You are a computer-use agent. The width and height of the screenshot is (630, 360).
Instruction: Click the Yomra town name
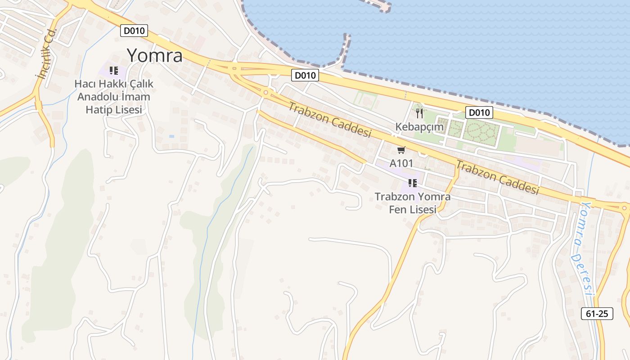pos(154,56)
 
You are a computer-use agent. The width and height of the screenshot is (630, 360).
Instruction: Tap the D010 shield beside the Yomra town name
pos(134,31)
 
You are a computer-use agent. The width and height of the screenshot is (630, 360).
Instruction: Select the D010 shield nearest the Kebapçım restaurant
pos(479,112)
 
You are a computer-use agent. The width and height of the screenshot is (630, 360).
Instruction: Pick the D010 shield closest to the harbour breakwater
pos(305,75)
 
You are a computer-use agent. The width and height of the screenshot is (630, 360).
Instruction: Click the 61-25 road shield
pos(597,314)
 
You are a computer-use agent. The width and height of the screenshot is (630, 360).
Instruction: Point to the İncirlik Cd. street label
pos(47,54)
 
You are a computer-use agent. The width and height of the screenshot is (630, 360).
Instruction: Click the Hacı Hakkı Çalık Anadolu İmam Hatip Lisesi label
pos(114,97)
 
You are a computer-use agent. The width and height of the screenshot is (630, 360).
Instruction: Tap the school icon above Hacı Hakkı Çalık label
pos(114,71)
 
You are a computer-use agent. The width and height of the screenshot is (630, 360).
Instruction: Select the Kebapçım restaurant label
pos(419,127)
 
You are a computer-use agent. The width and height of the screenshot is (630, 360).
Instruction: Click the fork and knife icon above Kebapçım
pos(419,113)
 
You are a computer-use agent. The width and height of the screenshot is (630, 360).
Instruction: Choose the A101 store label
pos(401,163)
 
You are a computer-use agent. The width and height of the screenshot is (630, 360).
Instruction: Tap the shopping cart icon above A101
pos(401,150)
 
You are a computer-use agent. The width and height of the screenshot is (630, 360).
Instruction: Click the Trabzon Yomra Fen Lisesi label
pos(413,203)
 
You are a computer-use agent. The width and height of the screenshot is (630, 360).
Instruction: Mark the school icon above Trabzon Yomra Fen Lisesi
pos(412,183)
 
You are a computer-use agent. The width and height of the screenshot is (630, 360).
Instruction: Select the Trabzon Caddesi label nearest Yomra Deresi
pos(497,177)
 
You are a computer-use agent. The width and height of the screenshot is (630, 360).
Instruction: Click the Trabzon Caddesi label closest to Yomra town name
pos(330,120)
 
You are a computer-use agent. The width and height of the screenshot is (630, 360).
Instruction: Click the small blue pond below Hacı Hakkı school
pos(171,136)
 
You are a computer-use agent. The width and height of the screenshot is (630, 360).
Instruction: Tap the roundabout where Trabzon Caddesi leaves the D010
pos(266,93)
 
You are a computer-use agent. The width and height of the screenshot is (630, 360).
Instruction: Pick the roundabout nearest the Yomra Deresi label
pos(624,208)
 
